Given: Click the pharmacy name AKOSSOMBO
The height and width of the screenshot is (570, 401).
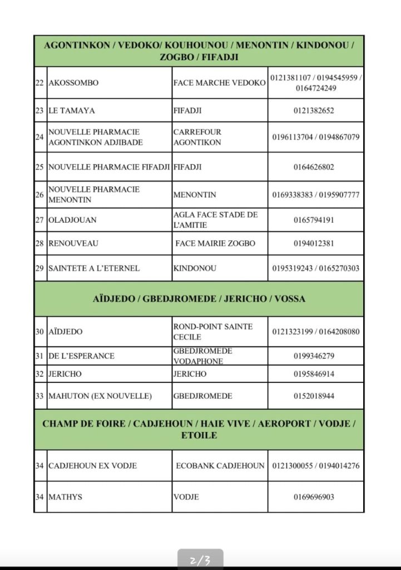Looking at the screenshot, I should pos(74,83).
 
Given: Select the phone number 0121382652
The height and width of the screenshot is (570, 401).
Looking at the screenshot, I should pos(314,111).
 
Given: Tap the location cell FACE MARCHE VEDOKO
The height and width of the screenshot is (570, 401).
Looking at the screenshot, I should pos(219,83).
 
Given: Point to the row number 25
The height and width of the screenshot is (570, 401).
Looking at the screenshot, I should pos(39,167).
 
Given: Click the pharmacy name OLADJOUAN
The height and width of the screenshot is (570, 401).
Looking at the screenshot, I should pos(72,220).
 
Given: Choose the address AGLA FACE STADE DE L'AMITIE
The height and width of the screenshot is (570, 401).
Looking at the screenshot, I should pos(216,220).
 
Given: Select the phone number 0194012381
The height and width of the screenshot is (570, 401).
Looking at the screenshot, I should pos(314,244).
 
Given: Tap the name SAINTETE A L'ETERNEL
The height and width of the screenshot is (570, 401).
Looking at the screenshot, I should pos(94,268).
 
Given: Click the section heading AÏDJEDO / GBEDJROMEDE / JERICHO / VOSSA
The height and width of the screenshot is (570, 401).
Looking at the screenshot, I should pos(199,299).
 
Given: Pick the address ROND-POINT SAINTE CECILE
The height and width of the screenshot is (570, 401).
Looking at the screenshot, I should pos(213,332).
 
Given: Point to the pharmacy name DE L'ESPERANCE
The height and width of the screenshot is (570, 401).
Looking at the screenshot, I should pos(81,356).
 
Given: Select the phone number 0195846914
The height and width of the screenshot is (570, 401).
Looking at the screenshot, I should pos(314,374).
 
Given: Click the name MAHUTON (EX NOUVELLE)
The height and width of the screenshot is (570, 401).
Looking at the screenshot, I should pos(100,396).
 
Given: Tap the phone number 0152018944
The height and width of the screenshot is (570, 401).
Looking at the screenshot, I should pos(314,396).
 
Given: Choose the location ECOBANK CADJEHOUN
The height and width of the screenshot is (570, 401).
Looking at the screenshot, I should pos(220,466).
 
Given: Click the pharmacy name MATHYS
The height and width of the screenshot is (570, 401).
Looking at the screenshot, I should pos(65,497).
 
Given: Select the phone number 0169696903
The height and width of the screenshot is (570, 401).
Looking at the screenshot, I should pos(314,497).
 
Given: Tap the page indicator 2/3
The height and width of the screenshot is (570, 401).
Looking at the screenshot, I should pos(200,560).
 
